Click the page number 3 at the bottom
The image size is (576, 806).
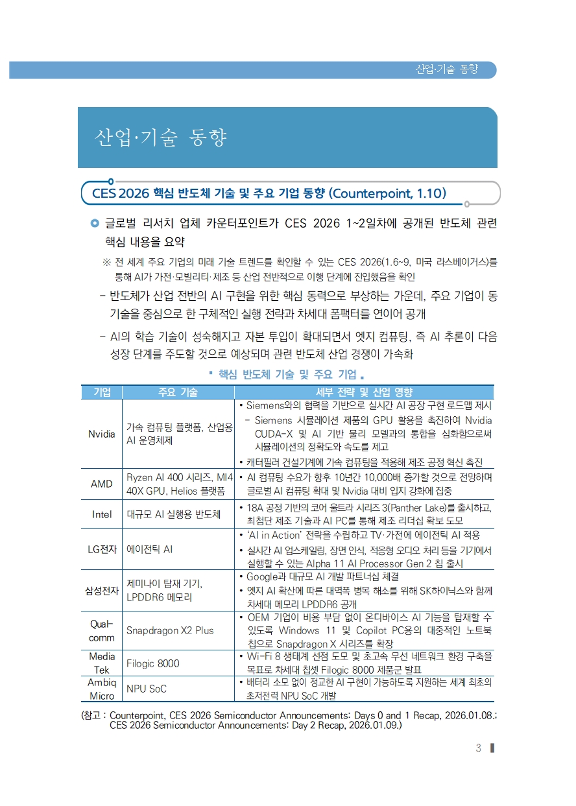[x=478, y=748]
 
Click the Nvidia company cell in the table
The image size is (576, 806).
[x=101, y=434]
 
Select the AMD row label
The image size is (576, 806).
[x=101, y=484]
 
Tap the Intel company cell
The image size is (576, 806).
[x=101, y=514]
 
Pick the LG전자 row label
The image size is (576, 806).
[x=101, y=549]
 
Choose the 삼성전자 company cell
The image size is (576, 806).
[x=101, y=590]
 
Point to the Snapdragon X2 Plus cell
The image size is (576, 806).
[x=169, y=630]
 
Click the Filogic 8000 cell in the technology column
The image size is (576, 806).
[x=152, y=663]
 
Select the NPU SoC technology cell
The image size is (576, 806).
[x=146, y=689]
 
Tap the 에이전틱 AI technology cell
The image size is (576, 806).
[x=149, y=549]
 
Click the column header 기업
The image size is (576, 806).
[x=102, y=392]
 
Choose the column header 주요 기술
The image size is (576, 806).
[x=178, y=392]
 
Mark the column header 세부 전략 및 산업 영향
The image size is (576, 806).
[x=363, y=392]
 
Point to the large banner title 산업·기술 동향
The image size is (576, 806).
[x=160, y=138]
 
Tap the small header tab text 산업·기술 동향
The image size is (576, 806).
[x=446, y=69]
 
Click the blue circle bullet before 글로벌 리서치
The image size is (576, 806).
[x=95, y=224]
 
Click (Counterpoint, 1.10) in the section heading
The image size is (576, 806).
[x=387, y=193]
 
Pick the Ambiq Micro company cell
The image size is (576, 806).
[x=101, y=689]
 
